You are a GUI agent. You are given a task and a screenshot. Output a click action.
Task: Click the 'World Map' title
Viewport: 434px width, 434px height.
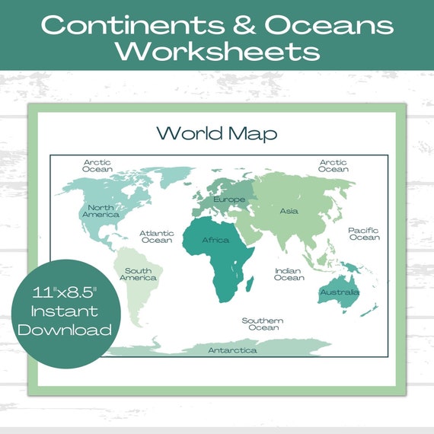(217, 132)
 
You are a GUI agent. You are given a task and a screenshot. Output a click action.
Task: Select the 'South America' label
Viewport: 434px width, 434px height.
(139, 274)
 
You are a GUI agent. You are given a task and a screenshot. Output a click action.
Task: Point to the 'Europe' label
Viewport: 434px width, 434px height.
(229, 199)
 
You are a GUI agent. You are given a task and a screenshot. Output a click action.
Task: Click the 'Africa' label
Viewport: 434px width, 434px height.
(215, 241)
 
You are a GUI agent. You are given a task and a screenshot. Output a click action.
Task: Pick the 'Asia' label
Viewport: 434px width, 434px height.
(289, 211)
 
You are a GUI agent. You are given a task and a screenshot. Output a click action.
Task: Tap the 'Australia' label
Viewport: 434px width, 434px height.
(340, 292)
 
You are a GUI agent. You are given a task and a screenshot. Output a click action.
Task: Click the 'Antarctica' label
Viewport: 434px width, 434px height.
(232, 350)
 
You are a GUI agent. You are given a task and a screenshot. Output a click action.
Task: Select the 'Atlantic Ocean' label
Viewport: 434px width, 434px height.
(157, 237)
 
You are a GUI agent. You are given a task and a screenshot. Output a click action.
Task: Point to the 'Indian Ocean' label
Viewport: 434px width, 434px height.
(289, 274)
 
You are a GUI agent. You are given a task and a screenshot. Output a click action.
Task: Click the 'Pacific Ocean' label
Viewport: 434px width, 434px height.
(364, 234)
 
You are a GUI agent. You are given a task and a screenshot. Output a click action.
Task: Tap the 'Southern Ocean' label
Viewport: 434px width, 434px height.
(263, 324)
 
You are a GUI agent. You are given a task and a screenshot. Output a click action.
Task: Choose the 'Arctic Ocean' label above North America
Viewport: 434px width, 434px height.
(97, 166)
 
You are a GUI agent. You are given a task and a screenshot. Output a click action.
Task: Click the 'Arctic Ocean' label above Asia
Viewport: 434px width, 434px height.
(333, 166)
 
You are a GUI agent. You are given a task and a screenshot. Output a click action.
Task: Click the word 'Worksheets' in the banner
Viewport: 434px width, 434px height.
(217, 51)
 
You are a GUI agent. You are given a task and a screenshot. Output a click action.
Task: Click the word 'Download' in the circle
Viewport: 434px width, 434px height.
(65, 330)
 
